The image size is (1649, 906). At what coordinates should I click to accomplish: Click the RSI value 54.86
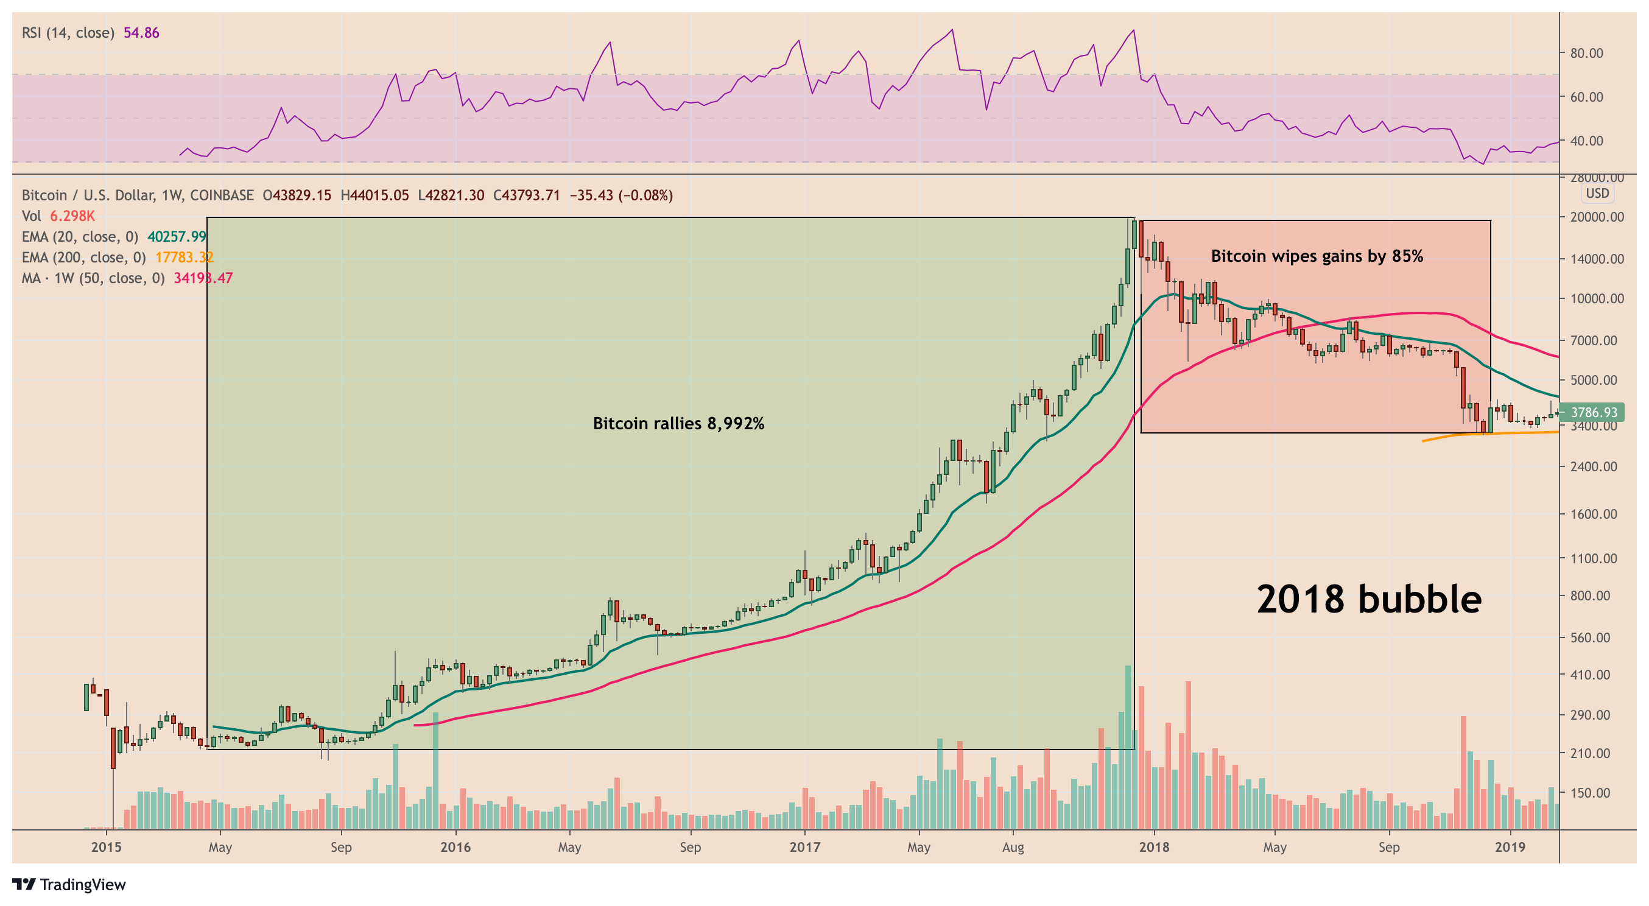click(x=141, y=33)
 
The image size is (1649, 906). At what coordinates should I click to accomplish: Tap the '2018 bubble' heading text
click(x=1369, y=600)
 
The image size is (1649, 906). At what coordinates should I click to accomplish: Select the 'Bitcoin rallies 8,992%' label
click(x=678, y=423)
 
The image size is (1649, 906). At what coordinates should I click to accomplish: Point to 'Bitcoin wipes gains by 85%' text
click(x=1317, y=256)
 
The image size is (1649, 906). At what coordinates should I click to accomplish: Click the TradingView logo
click(x=69, y=884)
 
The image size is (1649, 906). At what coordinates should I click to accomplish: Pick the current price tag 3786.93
click(x=1594, y=412)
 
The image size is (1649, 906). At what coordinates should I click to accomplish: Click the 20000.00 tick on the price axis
click(x=1597, y=217)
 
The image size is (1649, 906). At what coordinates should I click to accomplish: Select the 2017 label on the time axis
click(x=804, y=847)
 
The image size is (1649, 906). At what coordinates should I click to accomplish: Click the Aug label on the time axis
click(x=1013, y=847)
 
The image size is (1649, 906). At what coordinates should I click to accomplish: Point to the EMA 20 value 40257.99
click(x=177, y=237)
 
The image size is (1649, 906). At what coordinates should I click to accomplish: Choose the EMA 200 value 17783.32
click(x=185, y=258)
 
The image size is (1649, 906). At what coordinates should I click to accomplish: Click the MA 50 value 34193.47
click(x=203, y=278)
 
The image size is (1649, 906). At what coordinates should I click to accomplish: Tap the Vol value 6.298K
click(x=72, y=216)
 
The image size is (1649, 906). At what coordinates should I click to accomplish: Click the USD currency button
click(x=1597, y=194)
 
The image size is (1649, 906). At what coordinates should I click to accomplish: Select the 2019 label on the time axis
click(x=1510, y=847)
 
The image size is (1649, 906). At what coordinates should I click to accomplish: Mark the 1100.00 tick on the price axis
click(x=1597, y=558)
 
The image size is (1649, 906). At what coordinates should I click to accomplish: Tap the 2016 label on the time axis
click(x=455, y=847)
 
